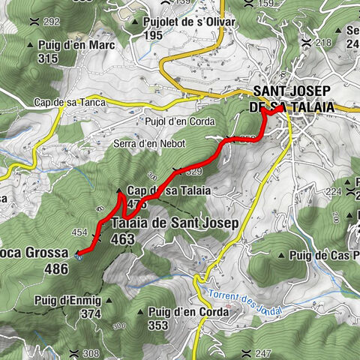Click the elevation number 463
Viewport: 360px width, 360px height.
(122, 239)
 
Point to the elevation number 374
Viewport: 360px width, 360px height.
(90, 313)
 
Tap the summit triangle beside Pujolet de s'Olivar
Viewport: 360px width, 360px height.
(135, 22)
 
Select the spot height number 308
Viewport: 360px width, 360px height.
(90, 353)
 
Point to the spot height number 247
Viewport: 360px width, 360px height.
(263, 353)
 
